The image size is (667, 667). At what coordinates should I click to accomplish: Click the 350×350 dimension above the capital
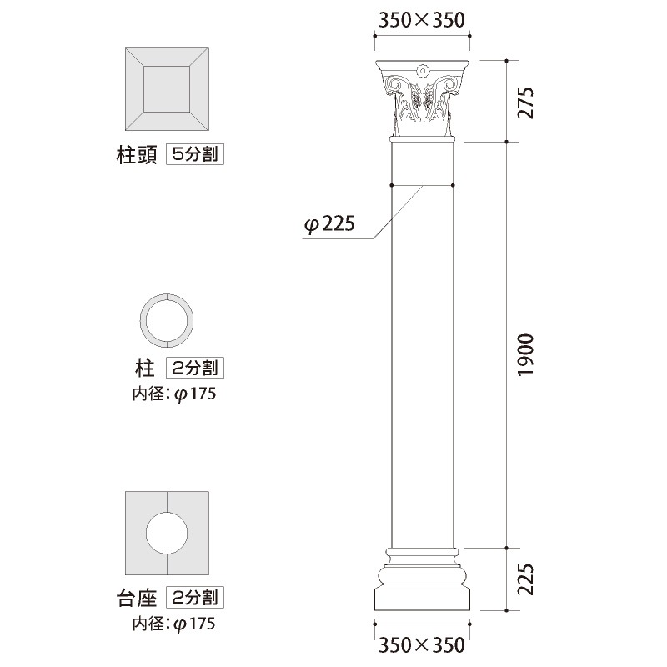[421, 20]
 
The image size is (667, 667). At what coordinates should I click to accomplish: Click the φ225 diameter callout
[329, 225]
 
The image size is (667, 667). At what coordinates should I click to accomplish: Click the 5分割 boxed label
[195, 154]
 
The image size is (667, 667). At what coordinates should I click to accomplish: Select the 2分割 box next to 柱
[195, 367]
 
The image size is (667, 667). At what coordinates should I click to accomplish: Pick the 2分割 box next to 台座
[195, 597]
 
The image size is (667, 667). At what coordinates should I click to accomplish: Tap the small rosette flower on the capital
[422, 70]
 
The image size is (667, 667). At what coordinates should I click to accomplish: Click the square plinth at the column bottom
[422, 600]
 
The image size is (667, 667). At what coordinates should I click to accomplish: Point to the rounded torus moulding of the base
[422, 574]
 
